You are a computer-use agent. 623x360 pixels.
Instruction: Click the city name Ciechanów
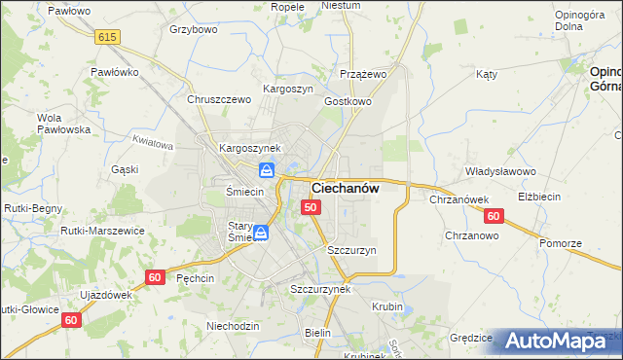345,189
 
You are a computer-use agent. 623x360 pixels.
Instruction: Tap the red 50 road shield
311,207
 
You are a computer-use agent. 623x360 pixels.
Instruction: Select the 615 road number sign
108,36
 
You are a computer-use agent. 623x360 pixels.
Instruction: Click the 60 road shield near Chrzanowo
494,216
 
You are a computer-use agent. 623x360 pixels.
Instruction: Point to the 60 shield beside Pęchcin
155,276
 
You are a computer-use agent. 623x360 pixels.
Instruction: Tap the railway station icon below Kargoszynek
279,170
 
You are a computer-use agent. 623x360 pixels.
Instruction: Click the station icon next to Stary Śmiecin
261,233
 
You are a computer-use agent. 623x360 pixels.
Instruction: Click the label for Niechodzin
233,326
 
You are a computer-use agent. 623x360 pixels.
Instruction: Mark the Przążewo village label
364,74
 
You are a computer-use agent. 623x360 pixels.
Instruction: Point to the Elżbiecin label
539,197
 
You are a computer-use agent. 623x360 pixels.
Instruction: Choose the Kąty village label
487,74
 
